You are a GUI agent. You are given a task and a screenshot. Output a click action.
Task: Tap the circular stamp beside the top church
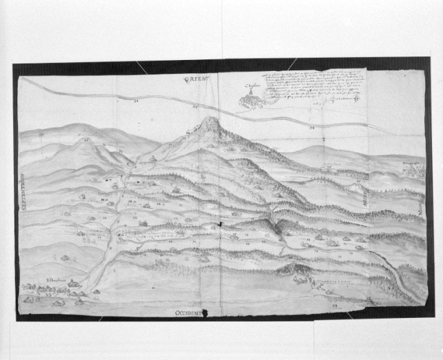[271, 97]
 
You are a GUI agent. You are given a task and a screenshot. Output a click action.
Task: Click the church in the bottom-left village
[72, 283]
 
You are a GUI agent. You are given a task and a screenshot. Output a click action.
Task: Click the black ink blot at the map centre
[219, 224]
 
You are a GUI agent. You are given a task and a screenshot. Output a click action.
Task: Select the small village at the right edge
[412, 170]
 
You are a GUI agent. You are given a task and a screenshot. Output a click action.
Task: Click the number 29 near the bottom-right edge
[335, 303]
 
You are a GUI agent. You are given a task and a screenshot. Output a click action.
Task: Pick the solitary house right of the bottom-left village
[96, 292]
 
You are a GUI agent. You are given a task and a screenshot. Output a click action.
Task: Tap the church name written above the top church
[251, 89]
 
